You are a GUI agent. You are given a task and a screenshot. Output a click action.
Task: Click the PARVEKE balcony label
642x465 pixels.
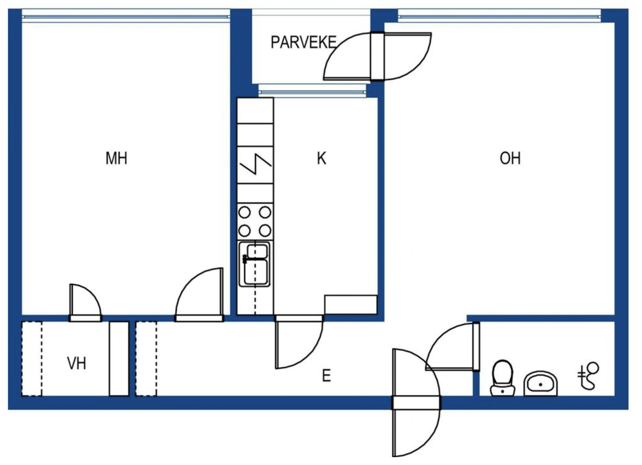[304, 43]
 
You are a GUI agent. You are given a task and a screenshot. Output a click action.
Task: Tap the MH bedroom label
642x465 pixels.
[117, 158]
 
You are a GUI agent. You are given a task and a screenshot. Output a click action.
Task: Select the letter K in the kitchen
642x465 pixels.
[321, 158]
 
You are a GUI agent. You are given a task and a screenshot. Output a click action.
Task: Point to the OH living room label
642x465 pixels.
[510, 158]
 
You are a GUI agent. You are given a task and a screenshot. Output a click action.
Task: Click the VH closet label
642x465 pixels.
[77, 363]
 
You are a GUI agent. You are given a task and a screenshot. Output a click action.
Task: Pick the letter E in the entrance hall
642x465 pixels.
[327, 375]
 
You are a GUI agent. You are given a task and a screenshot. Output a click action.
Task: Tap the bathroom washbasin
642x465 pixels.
[541, 384]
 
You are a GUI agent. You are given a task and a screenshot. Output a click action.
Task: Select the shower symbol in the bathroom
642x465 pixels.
[588, 376]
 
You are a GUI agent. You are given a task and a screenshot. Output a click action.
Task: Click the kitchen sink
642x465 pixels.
[254, 264]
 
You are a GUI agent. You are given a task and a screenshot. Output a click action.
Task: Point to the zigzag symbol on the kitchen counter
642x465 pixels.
[255, 164]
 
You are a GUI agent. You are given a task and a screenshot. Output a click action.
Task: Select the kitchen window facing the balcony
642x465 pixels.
[312, 92]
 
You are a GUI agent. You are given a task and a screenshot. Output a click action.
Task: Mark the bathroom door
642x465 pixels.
[452, 347]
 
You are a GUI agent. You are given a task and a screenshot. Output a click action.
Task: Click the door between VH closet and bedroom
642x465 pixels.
[85, 303]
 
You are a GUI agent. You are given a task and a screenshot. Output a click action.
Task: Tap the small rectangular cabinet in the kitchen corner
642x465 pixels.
[351, 305]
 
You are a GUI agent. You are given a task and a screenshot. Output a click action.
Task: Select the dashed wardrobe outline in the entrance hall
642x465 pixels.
[146, 359]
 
